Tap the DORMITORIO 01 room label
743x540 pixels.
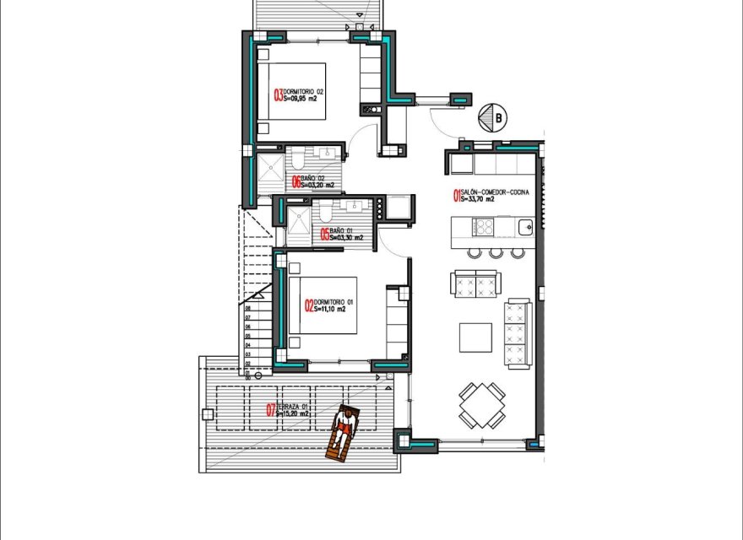[328, 305]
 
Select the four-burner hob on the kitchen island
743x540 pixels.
[485, 227]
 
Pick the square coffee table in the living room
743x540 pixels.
[475, 337]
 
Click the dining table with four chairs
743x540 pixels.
[483, 404]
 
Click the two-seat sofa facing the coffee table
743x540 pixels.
[475, 284]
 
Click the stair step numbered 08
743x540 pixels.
[249, 309]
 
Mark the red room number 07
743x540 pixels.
[270, 411]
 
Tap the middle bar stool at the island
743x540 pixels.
[496, 252]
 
